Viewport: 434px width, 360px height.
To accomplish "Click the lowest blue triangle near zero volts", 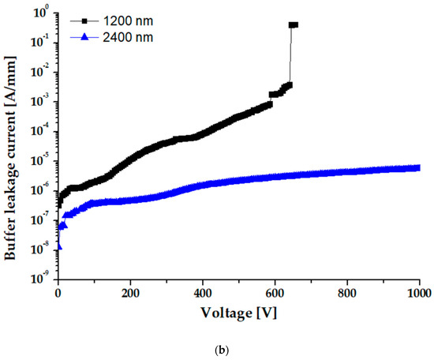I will click(58, 246).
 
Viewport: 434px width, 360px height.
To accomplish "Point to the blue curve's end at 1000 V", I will click(419, 167).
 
